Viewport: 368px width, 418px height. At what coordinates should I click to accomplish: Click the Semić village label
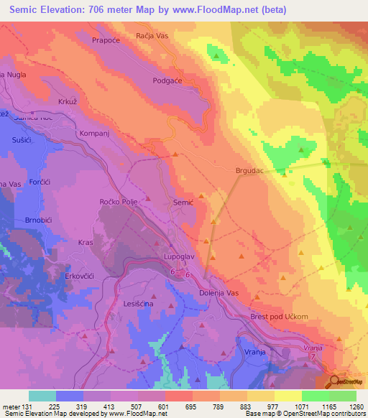tap(183, 203)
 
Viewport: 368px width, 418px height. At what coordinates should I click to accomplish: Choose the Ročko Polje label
tap(119, 203)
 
